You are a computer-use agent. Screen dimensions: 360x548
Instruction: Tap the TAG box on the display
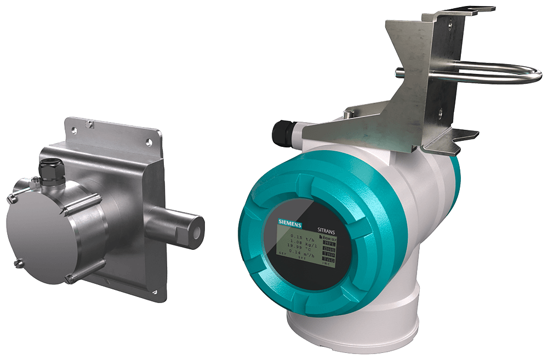click(x=328, y=262)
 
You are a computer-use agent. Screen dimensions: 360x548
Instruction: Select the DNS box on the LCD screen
click(x=329, y=248)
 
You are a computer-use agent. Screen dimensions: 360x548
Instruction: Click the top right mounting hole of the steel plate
click(x=149, y=141)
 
